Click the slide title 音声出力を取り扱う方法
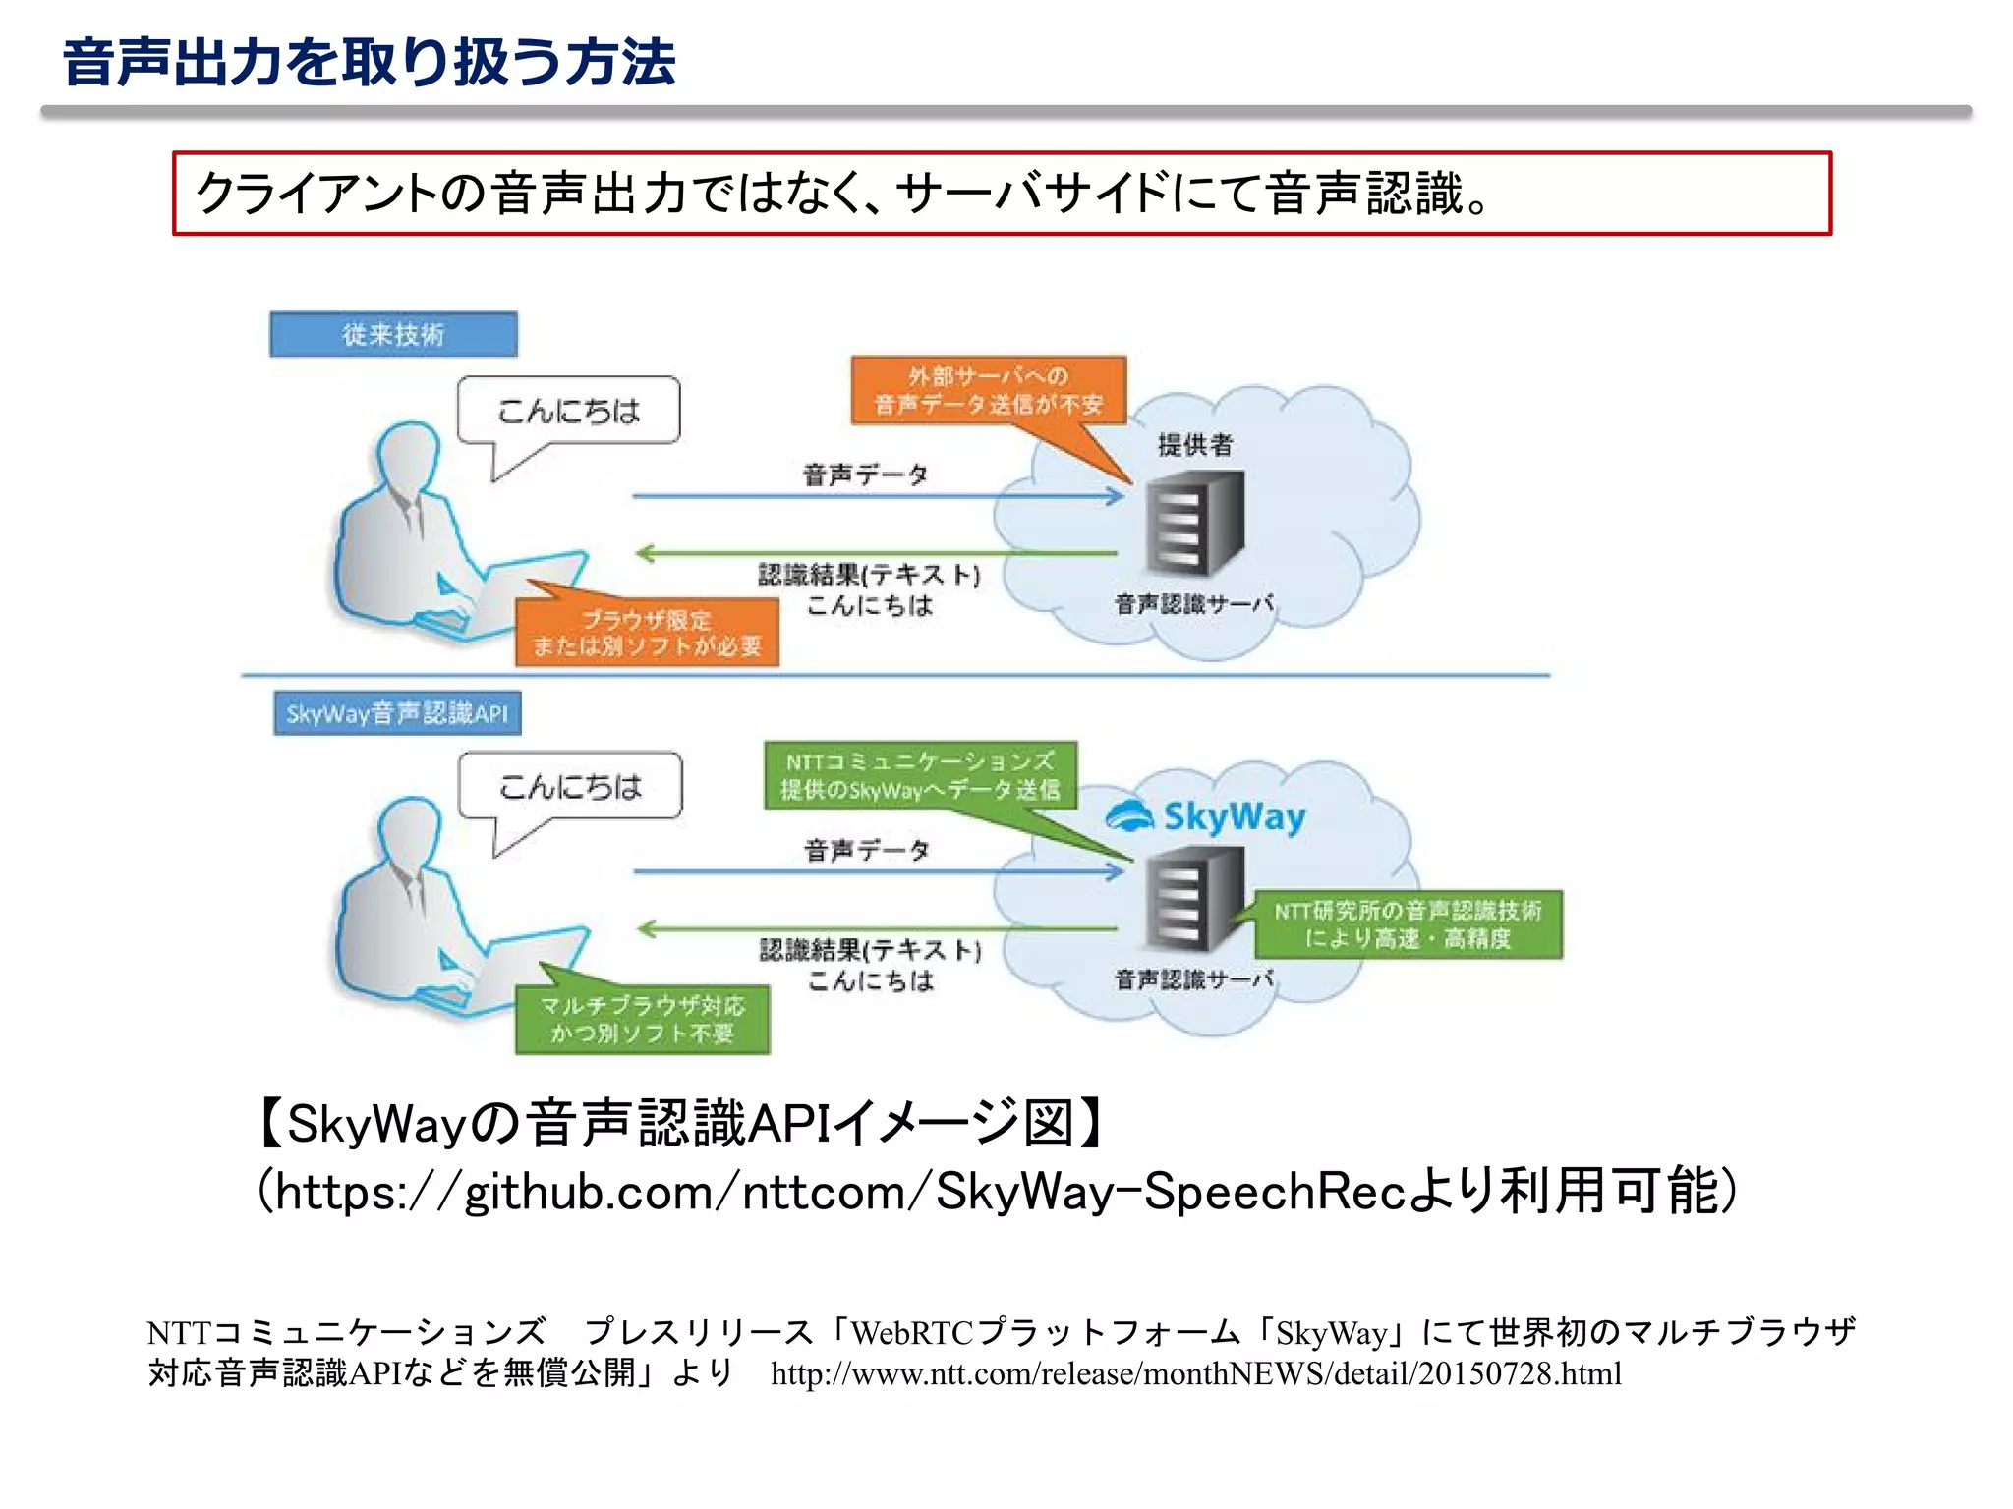(x=369, y=63)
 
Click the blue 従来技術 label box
(x=393, y=334)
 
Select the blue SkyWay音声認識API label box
(x=397, y=713)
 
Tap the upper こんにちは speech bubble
(x=568, y=411)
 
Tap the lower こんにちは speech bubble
(x=570, y=786)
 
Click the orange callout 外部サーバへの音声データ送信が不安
(x=988, y=390)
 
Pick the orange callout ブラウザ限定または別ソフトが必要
(x=647, y=633)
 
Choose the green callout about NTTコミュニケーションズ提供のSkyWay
(x=920, y=775)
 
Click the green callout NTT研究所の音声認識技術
(x=1408, y=924)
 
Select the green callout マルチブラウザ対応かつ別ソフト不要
(x=642, y=1020)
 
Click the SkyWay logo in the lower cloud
(x=1206, y=816)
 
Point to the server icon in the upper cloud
(x=1194, y=523)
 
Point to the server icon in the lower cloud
(x=1194, y=899)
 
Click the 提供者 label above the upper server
(x=1194, y=445)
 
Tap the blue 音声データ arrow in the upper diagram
(x=877, y=496)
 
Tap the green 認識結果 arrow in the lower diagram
(x=877, y=928)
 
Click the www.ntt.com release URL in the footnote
(x=1195, y=1373)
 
